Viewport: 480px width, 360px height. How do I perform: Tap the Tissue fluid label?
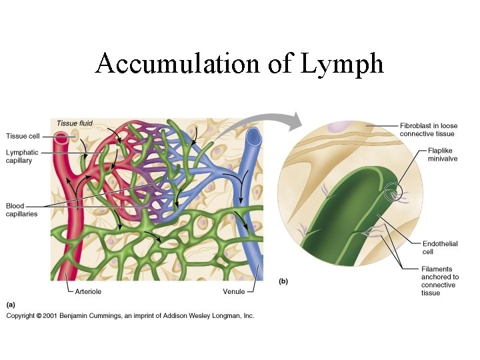click(x=75, y=123)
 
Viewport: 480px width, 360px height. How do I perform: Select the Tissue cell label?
click(x=23, y=136)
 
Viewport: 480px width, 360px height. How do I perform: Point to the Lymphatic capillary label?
click(x=22, y=157)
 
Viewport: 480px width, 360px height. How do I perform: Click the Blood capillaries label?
click(x=22, y=209)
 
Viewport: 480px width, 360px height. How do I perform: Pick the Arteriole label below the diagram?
click(x=88, y=291)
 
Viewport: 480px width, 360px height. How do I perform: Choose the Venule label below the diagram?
click(x=234, y=291)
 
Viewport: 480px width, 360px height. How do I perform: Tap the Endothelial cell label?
click(x=440, y=248)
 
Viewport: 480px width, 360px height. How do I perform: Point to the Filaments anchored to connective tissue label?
click(x=440, y=281)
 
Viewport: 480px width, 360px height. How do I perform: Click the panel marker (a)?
click(x=11, y=304)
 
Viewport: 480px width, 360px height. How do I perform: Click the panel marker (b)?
click(x=283, y=281)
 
